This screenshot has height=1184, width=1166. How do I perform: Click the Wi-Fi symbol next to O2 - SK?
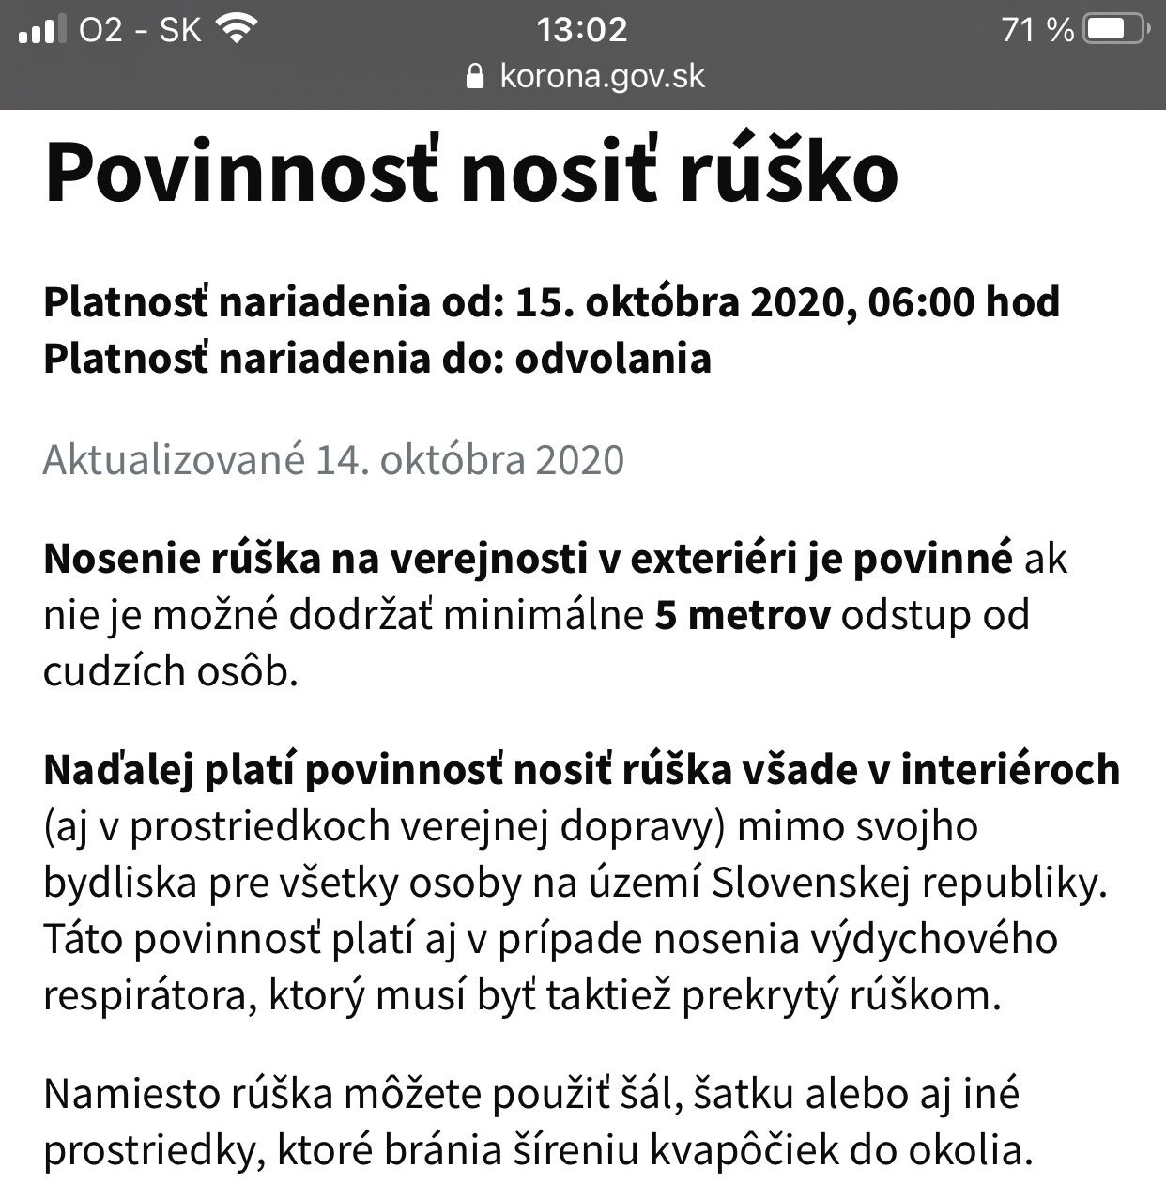pos(236,30)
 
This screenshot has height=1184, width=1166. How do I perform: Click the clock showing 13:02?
pos(582,30)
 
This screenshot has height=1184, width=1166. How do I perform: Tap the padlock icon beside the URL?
pos(476,76)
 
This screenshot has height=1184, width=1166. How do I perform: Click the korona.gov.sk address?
pos(602,76)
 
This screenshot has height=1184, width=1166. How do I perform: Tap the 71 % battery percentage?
pos(1037,30)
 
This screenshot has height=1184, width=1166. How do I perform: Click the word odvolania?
pos(613,359)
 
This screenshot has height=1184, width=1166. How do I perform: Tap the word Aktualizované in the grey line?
pos(175,460)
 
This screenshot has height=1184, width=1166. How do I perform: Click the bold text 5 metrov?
pos(743,615)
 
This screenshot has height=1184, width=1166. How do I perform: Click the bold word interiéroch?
pos(1010,770)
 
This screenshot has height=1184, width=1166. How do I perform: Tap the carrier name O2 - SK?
pos(140,30)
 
